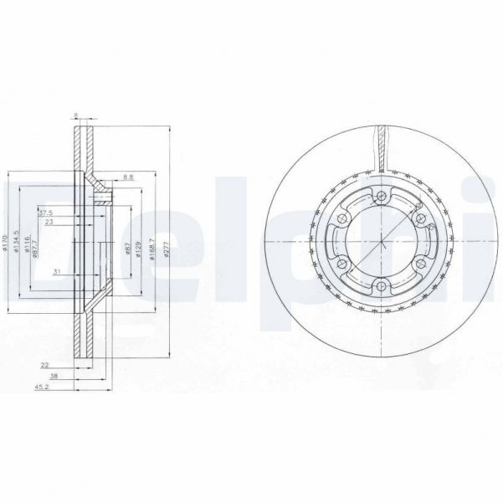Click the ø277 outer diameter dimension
pos(167,250)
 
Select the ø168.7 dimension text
pos(151,250)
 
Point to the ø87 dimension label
pos(126,250)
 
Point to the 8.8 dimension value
pos(127,177)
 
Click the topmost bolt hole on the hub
pos(382,197)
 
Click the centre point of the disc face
pos(382,243)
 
